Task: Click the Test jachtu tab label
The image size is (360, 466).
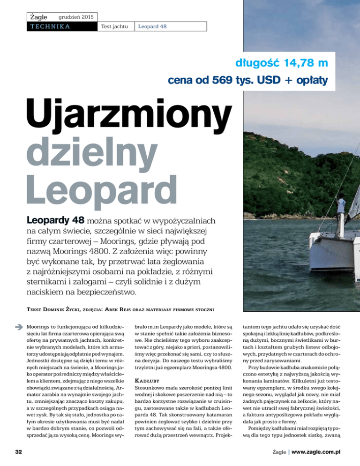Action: click(x=114, y=27)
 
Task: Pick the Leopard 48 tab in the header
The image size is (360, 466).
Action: click(x=152, y=27)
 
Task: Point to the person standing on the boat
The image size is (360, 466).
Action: click(x=341, y=206)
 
